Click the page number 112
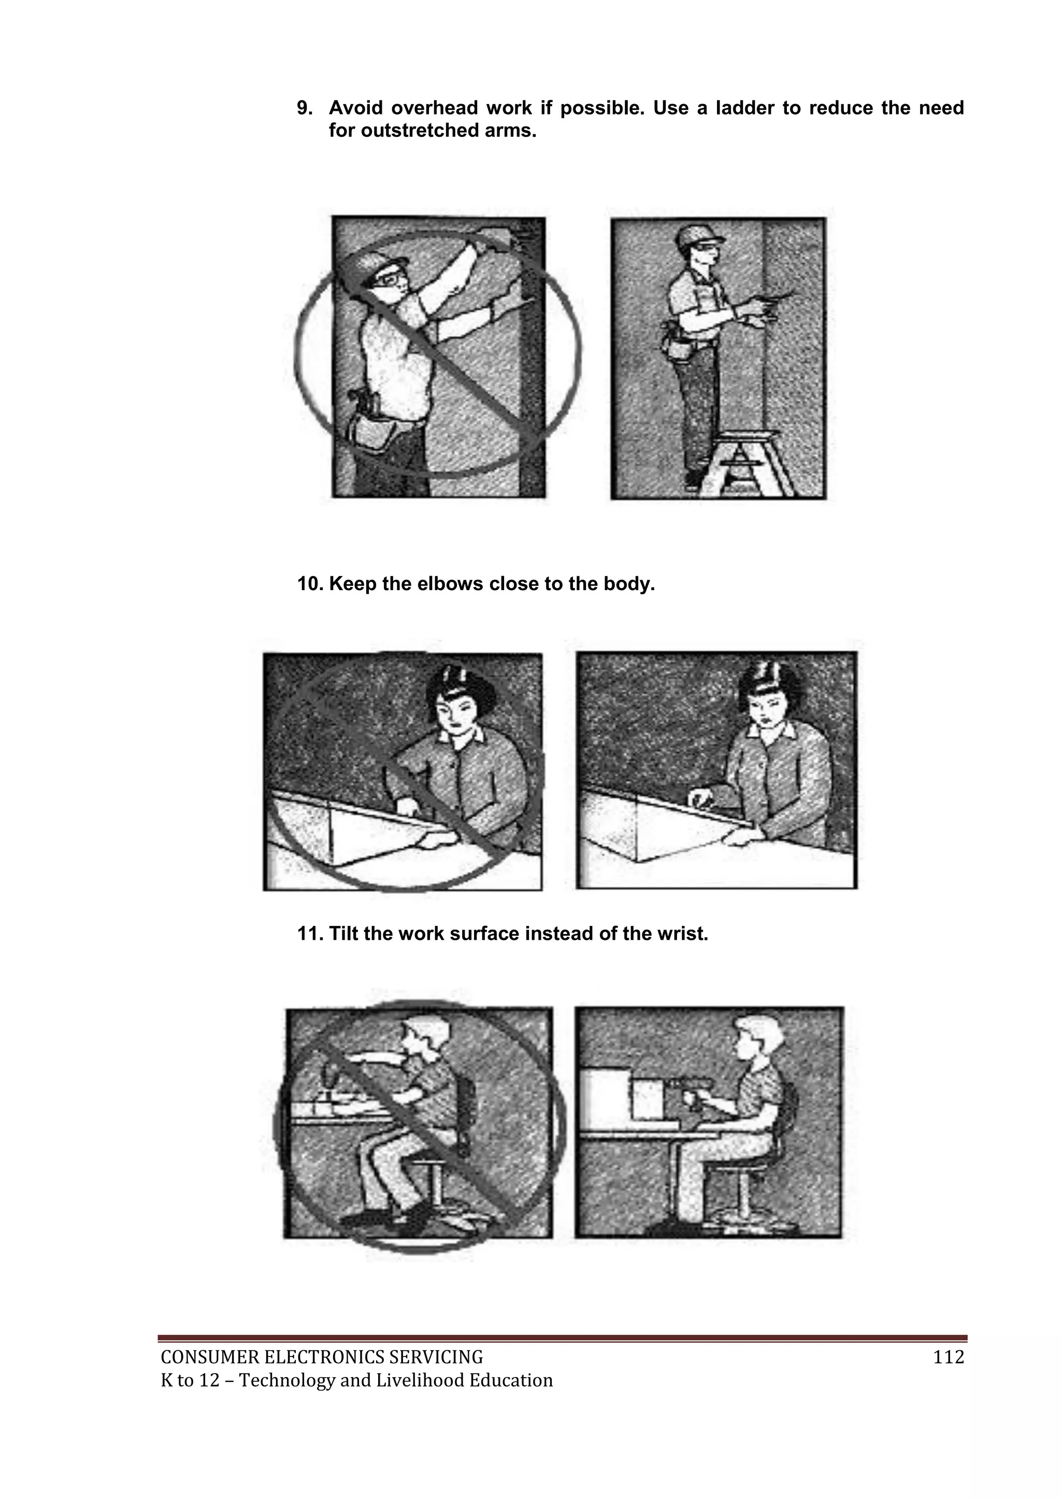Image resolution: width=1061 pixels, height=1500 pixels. coord(949,1358)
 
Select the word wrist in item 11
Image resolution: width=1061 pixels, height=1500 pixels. coord(684,934)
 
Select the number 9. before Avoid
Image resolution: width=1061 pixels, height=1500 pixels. coord(305,108)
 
